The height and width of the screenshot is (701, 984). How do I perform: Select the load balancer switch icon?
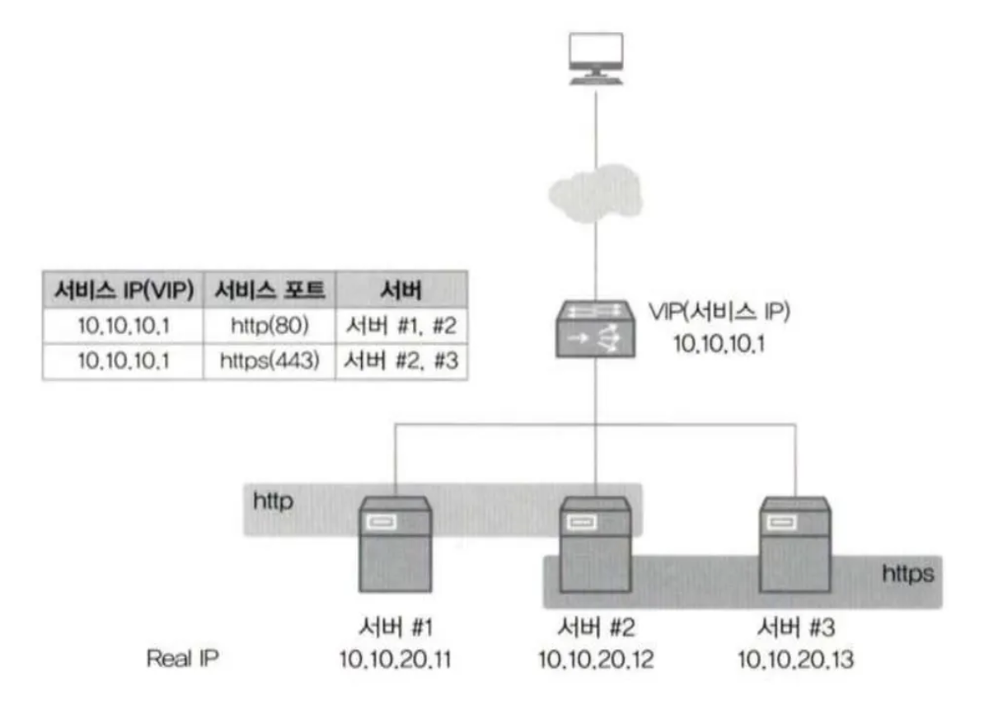[x=595, y=328]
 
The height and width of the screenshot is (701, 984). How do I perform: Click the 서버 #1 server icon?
[x=396, y=544]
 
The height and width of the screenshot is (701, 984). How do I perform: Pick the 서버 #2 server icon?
[x=595, y=544]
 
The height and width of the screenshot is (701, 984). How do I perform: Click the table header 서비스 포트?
[x=269, y=290]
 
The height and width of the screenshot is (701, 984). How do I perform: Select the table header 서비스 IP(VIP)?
[x=123, y=290]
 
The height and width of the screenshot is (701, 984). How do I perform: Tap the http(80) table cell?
[x=269, y=327]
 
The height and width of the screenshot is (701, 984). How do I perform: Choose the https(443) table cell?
[x=269, y=360]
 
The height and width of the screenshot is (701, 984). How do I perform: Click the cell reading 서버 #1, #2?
[x=401, y=327]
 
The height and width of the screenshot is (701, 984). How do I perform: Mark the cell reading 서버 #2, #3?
[x=401, y=360]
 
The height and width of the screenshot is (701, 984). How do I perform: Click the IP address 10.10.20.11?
[x=396, y=659]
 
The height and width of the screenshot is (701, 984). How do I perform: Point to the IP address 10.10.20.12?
[x=595, y=659]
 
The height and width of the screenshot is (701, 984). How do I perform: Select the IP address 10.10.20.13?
[x=794, y=659]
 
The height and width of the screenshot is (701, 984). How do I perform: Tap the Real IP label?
[x=182, y=659]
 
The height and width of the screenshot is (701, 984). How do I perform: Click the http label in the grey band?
[x=274, y=501]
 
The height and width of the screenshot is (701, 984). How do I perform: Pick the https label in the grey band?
[x=908, y=573]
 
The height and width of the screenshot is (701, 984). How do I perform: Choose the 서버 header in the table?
[x=401, y=290]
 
